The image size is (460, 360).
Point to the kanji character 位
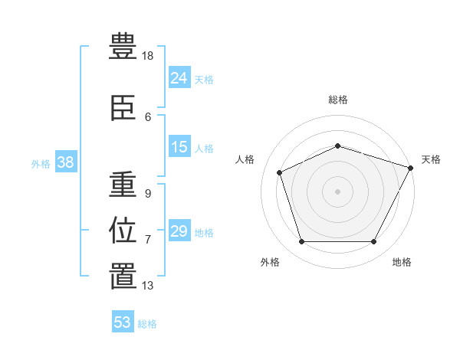pyautogui.click(x=123, y=231)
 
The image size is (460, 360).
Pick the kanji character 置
pyautogui.click(x=123, y=276)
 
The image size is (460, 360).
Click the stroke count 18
pyautogui.click(x=149, y=56)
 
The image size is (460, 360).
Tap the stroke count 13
pyautogui.click(x=148, y=286)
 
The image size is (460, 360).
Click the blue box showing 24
pyautogui.click(x=179, y=77)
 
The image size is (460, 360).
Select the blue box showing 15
pyautogui.click(x=179, y=147)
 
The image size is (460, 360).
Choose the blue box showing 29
pyautogui.click(x=179, y=231)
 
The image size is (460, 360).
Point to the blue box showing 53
pyautogui.click(x=123, y=322)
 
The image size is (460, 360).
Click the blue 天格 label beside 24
pyautogui.click(x=204, y=79)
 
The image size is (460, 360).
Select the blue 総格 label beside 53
pyautogui.click(x=147, y=324)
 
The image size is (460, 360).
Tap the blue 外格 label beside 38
pyautogui.click(x=41, y=163)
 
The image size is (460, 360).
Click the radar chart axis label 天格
pyautogui.click(x=431, y=159)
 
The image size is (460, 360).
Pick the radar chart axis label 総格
pyautogui.click(x=338, y=100)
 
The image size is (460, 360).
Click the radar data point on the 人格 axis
pyautogui.click(x=280, y=172)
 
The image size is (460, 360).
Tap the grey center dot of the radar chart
pyautogui.click(x=337, y=191)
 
